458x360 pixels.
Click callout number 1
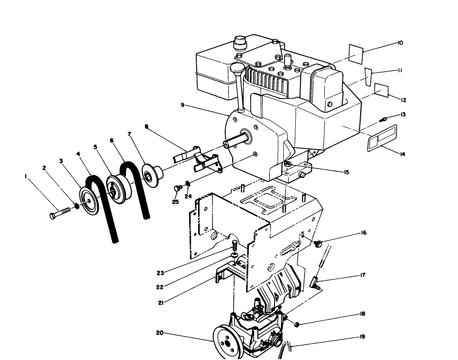coord(26,177)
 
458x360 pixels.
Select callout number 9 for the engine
coord(183,105)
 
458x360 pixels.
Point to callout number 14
coord(402,154)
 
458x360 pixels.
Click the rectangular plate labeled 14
coord(382,138)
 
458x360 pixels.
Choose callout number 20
coord(160,332)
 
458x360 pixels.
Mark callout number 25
coord(175,202)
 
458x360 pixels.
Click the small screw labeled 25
coord(177,188)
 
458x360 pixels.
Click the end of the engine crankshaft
coord(226,145)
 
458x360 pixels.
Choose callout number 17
coord(363,275)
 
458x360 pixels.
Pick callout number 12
coord(404,100)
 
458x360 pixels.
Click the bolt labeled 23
coord(234,244)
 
